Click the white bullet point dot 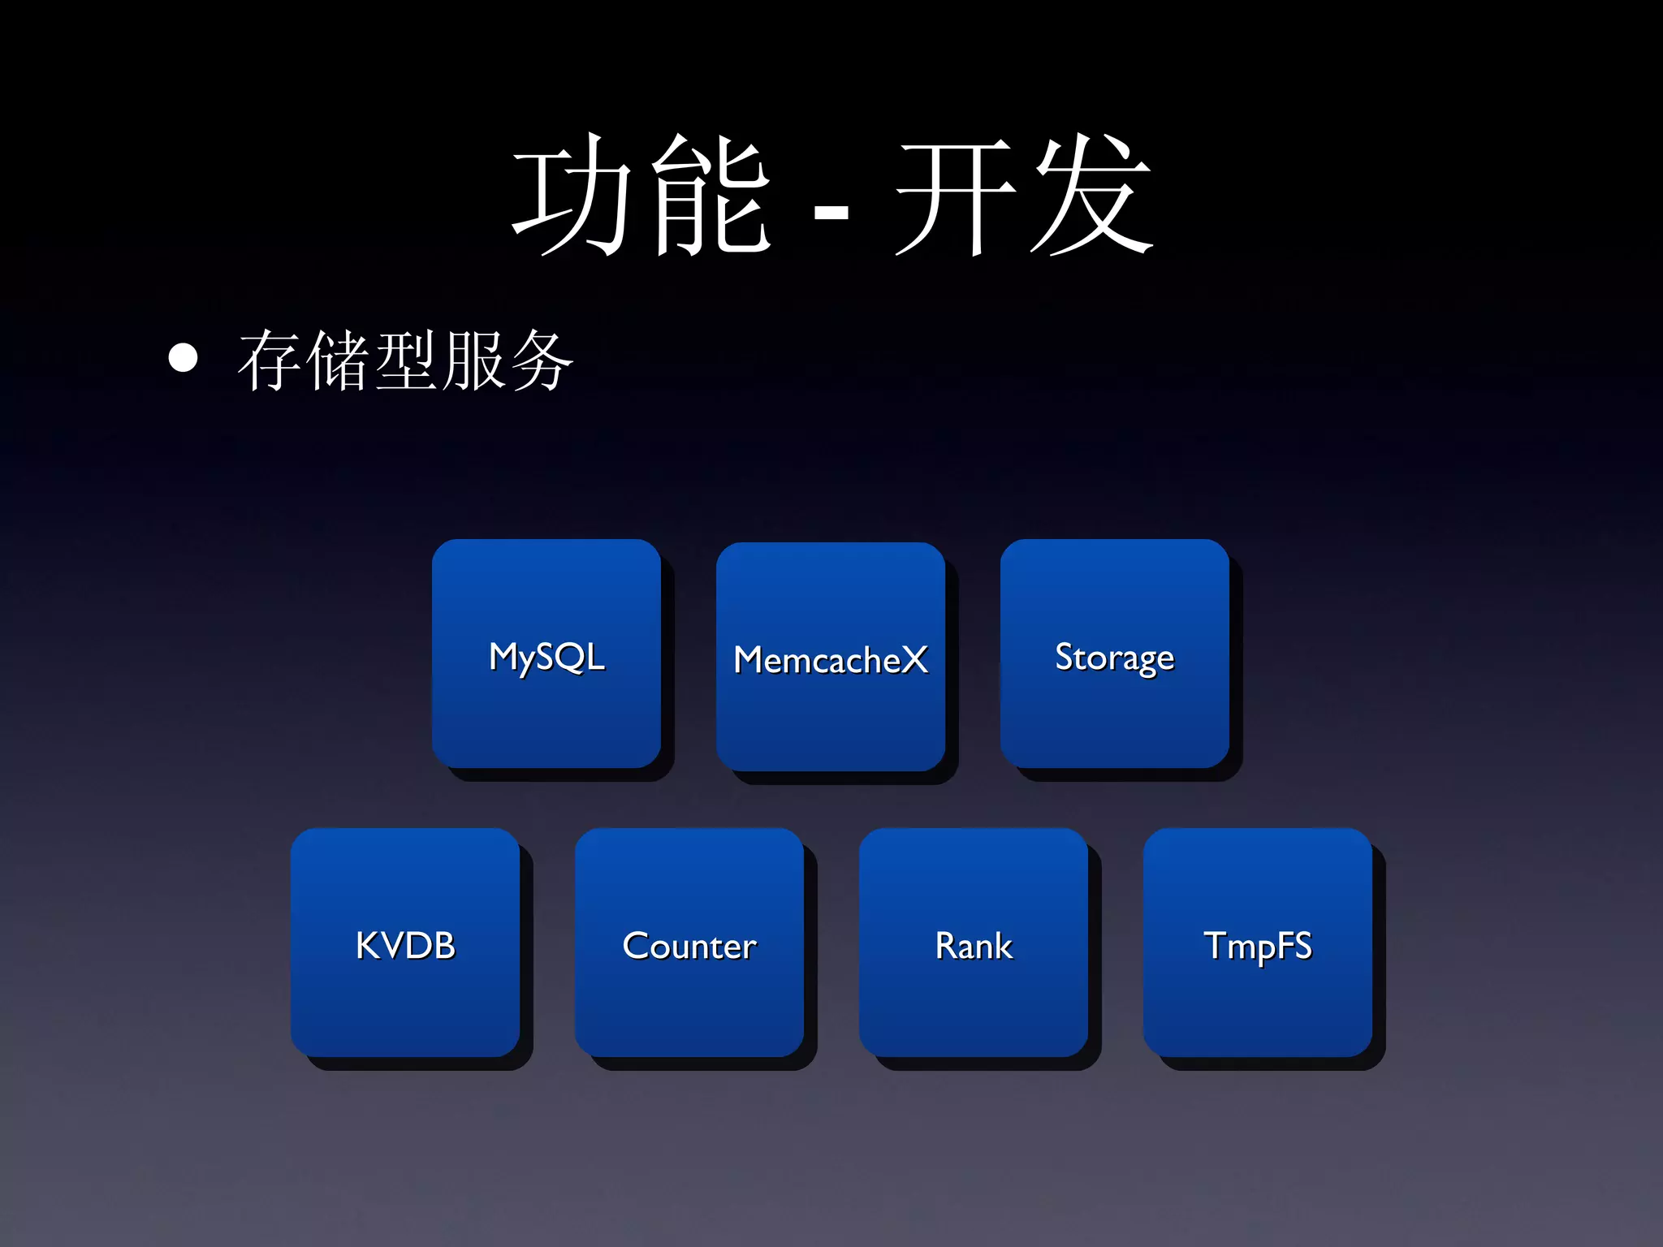(184, 358)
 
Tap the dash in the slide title (831, 214)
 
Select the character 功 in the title (573, 195)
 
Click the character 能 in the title (711, 195)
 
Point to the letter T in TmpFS (1216, 945)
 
